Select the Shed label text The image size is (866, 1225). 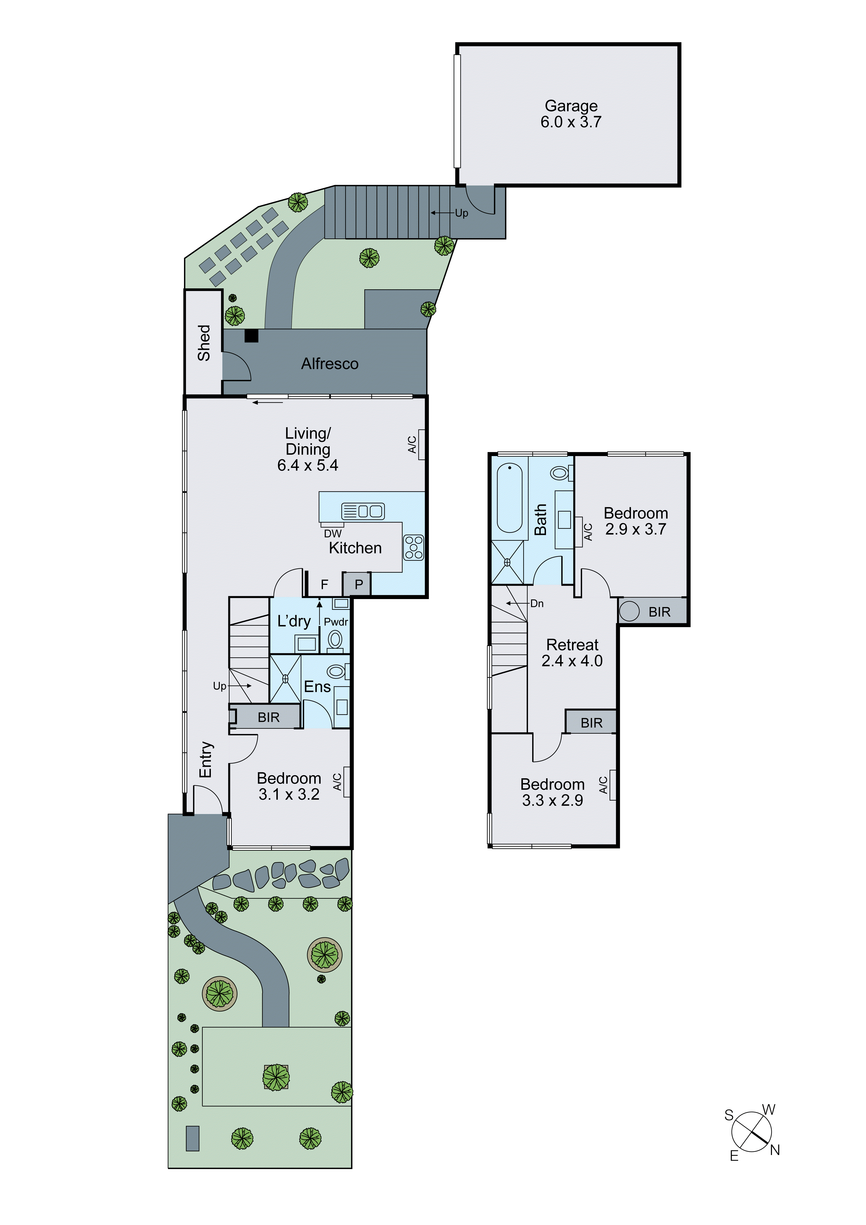pyautogui.click(x=204, y=343)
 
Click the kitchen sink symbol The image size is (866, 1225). pyautogui.click(x=363, y=511)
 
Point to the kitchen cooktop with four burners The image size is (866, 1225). pyautogui.click(x=414, y=547)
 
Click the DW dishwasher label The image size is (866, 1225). pyautogui.click(x=332, y=534)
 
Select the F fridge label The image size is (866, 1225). pyautogui.click(x=324, y=585)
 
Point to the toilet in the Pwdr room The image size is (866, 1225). pyautogui.click(x=335, y=639)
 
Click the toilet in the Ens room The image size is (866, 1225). pyautogui.click(x=336, y=671)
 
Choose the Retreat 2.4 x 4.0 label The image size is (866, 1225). pyautogui.click(x=572, y=653)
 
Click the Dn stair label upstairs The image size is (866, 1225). pyautogui.click(x=537, y=603)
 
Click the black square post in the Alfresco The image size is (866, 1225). pyautogui.click(x=251, y=336)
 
